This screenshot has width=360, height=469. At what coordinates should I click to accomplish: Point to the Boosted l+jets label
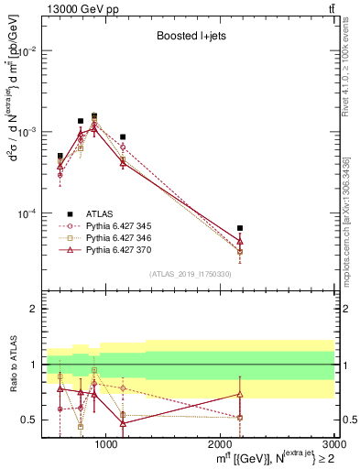(190, 37)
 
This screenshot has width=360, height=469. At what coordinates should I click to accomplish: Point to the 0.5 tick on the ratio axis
(32, 420)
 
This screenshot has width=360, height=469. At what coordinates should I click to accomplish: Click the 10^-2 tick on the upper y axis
(28, 51)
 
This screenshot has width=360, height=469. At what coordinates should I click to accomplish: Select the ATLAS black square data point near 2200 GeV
(240, 228)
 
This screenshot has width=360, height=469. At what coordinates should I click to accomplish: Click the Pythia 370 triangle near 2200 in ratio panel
(240, 395)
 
